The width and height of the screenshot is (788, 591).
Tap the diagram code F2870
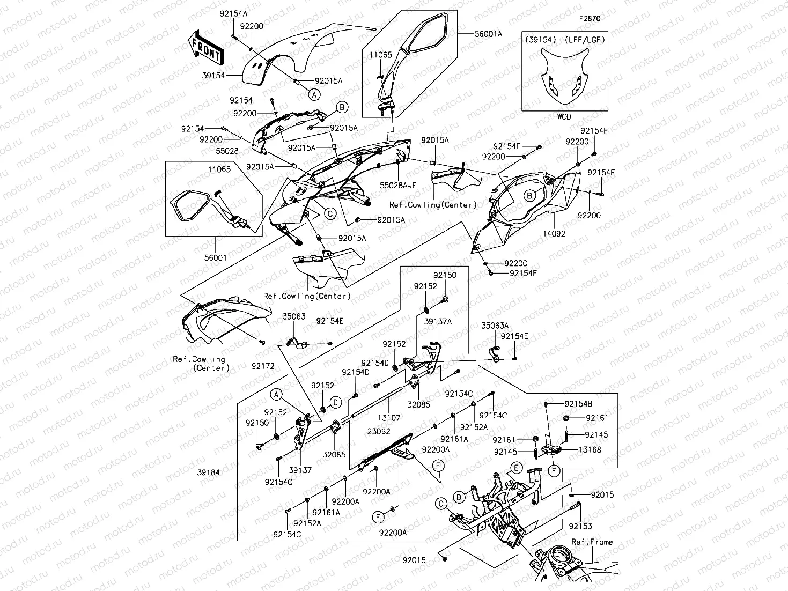click(589, 18)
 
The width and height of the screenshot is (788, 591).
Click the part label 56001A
click(488, 34)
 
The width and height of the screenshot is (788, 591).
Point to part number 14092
click(554, 234)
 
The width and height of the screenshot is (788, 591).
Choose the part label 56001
click(215, 257)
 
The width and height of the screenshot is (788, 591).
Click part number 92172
click(263, 366)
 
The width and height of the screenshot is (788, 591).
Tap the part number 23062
click(379, 431)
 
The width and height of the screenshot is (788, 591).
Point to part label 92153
click(580, 526)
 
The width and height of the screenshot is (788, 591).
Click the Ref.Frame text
click(592, 542)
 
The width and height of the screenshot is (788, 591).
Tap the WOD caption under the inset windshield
click(564, 116)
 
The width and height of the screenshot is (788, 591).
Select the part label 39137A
click(438, 321)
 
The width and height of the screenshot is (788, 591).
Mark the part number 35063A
click(495, 325)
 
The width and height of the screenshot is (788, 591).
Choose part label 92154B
click(578, 403)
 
